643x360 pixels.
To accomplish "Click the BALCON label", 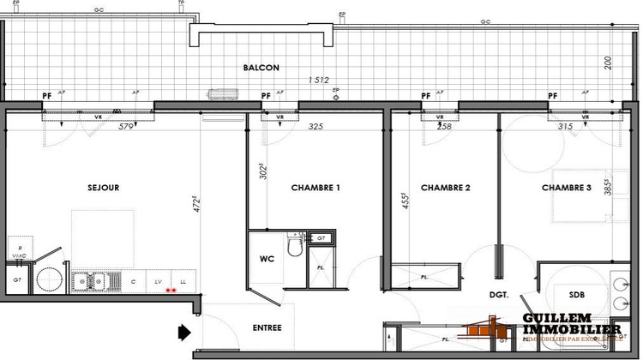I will pos(261,68).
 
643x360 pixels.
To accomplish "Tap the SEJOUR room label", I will pos(102,188).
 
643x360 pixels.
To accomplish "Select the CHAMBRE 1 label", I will pos(315,188).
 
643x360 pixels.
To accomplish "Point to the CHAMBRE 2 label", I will pos(446,188).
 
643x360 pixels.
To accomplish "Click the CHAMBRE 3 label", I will pos(567,188).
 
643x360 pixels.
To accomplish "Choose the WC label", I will pos(267,258).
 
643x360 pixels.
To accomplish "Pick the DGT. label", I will pos(501,294).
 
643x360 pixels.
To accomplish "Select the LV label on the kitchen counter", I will pos(159,280).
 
